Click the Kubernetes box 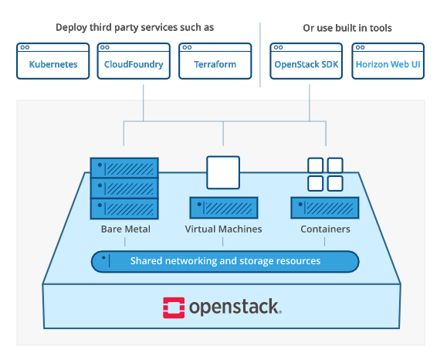[x=53, y=61]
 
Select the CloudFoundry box [x=134, y=61]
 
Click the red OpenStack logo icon [x=174, y=306]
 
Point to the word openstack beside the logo [x=235, y=307]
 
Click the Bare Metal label [x=125, y=229]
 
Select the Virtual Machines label [x=223, y=229]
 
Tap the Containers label [x=325, y=229]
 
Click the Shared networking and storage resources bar [x=225, y=261]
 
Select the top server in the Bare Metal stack [x=124, y=168]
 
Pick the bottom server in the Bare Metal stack [x=124, y=208]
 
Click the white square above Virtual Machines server [x=223, y=172]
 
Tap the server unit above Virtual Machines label [x=223, y=208]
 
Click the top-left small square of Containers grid [x=315, y=165]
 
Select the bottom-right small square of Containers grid [x=334, y=183]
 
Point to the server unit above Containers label [x=325, y=208]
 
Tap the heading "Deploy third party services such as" [x=135, y=28]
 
